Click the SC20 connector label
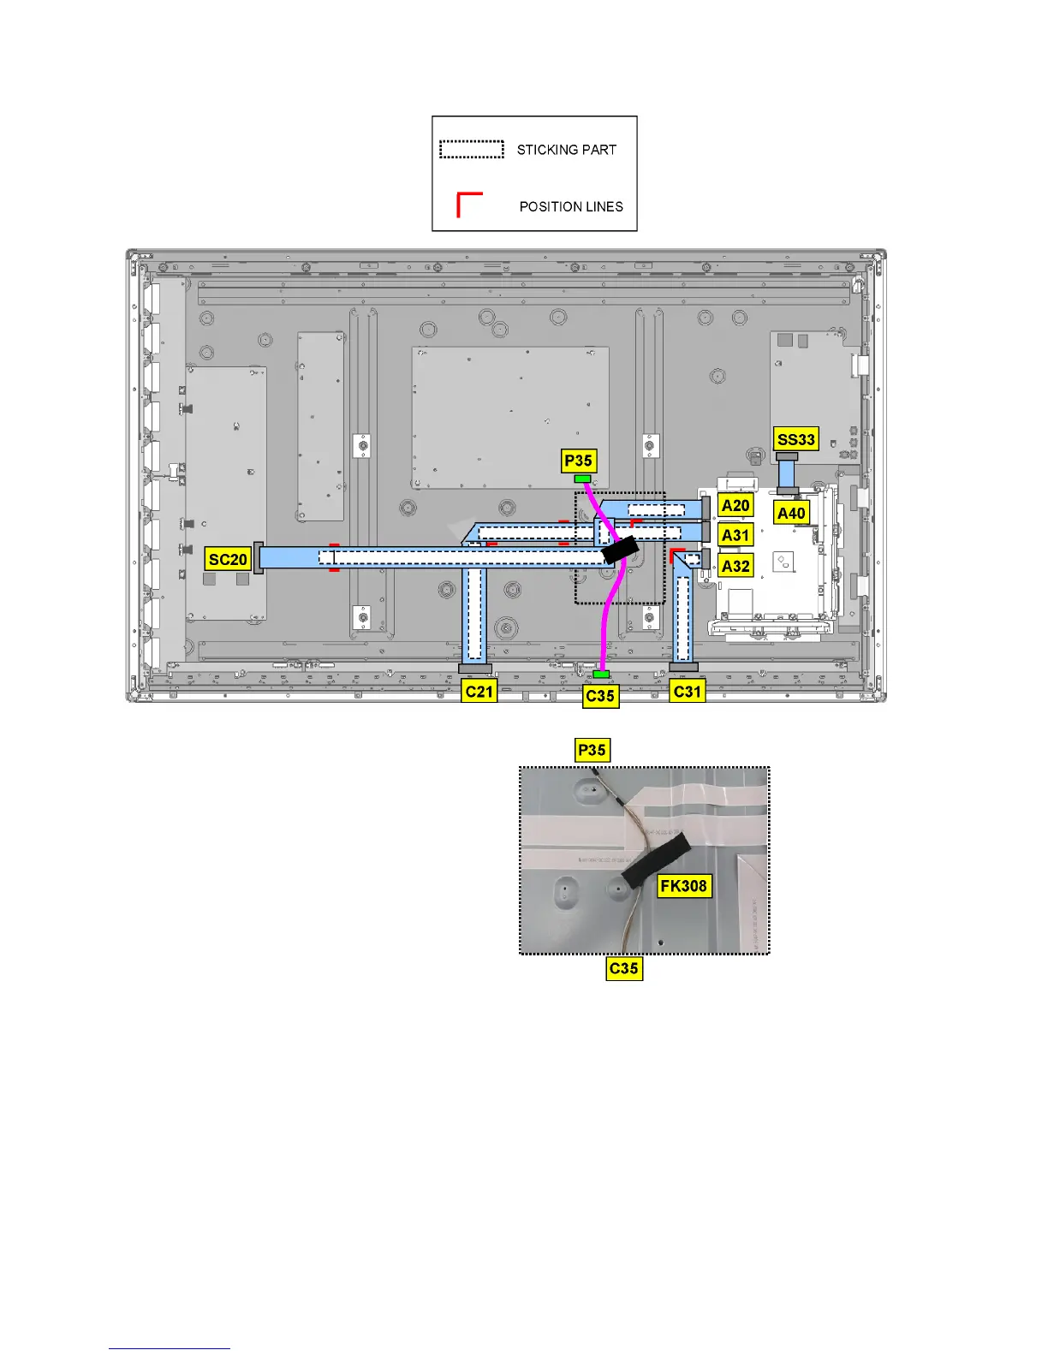(x=228, y=560)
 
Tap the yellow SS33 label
(x=795, y=439)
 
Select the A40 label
(x=791, y=513)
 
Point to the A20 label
(x=735, y=505)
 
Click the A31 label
(x=735, y=536)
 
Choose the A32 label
(x=735, y=566)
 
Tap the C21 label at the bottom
(x=479, y=691)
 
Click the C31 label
(x=688, y=691)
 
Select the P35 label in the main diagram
(x=579, y=461)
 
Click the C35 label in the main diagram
(x=600, y=696)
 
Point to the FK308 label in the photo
(x=683, y=886)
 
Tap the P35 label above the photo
(x=592, y=751)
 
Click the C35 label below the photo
(x=623, y=968)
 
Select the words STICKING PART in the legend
(x=566, y=150)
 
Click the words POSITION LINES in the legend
(x=571, y=207)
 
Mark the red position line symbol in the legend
(x=468, y=204)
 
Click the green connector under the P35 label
(x=583, y=479)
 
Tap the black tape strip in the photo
(x=657, y=860)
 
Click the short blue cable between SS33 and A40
(x=787, y=473)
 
